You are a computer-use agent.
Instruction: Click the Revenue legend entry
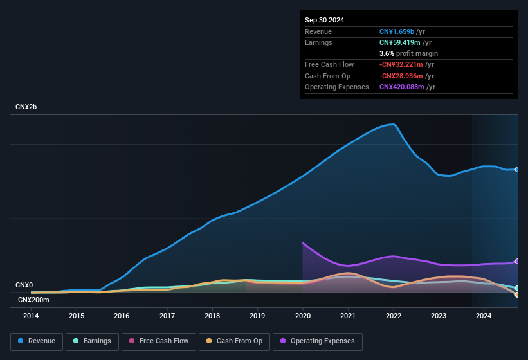pos(37,341)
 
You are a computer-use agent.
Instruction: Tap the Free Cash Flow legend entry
pos(159,341)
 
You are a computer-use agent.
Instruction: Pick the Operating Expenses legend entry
pos(318,341)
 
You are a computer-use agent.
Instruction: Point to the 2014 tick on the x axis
pos(31,316)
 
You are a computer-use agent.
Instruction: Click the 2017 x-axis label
pos(167,316)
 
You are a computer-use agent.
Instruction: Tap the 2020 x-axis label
pos(302,316)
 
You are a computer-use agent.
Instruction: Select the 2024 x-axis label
pos(484,316)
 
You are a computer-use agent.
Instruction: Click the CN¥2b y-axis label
pos(26,107)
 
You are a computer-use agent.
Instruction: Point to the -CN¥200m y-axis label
pos(32,300)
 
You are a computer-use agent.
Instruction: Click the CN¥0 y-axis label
pos(24,285)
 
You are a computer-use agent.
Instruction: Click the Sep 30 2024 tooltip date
pos(324,20)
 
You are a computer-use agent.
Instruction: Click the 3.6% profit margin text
pos(408,53)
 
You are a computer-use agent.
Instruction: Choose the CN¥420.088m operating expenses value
pos(401,87)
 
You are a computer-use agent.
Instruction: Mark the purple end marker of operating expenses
pos(516,261)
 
